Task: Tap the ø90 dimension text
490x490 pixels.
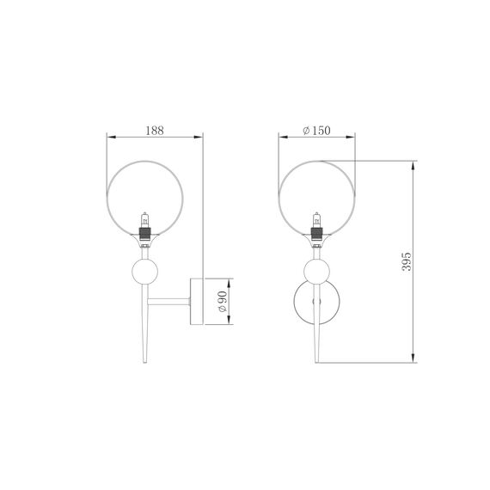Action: [222, 301]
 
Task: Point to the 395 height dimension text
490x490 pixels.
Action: [407, 262]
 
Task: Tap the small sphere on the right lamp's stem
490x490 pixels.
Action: [317, 273]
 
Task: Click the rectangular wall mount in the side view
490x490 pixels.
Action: [197, 301]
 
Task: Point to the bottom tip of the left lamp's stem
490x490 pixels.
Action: [144, 362]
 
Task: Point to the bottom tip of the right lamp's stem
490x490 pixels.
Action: [317, 362]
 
